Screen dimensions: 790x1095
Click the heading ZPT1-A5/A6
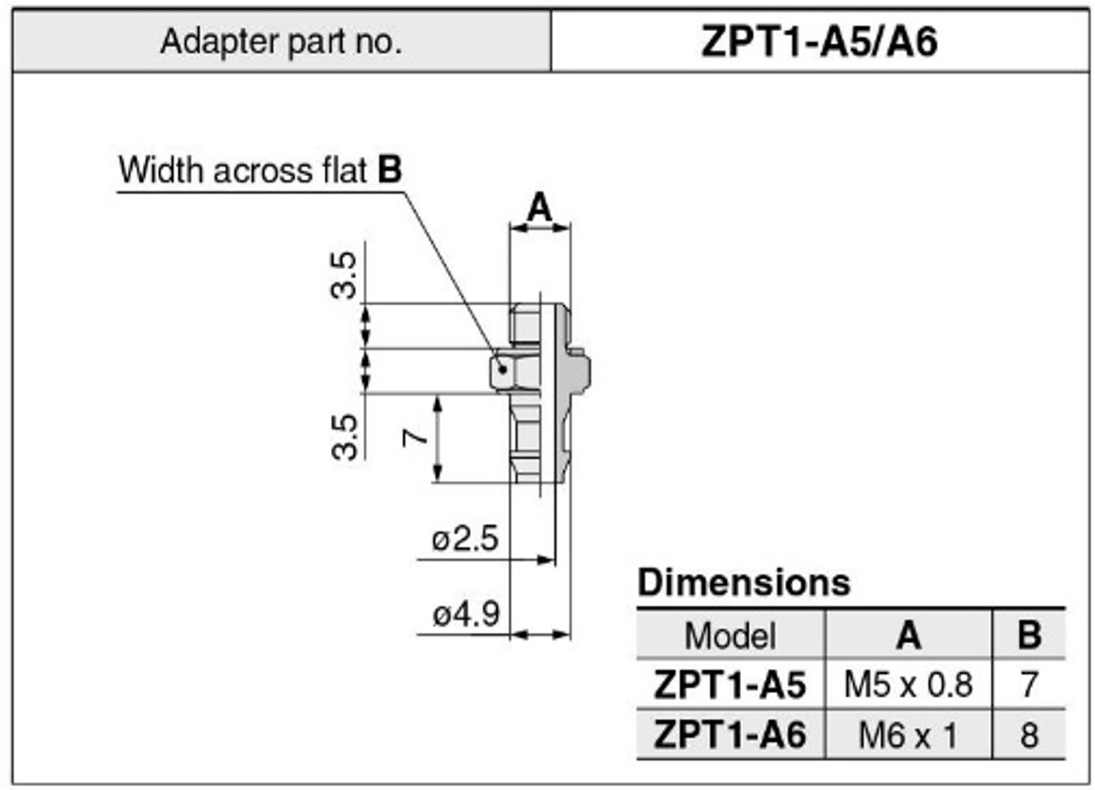click(819, 42)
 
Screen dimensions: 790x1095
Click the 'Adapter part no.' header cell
click(281, 42)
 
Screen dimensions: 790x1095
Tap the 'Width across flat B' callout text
click(260, 170)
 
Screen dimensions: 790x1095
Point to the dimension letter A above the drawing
click(539, 206)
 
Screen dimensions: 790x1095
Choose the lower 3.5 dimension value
click(346, 436)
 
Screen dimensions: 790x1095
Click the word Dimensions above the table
click(744, 583)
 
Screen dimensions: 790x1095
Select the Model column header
click(730, 636)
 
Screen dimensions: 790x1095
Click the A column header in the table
click(908, 636)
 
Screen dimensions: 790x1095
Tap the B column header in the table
click(1029, 636)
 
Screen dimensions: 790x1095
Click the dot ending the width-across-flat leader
click(504, 370)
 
